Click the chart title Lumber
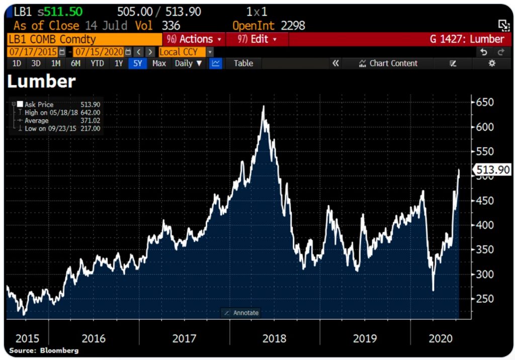41,81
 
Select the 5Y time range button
137,63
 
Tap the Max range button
159,63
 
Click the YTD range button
97,63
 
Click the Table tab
243,63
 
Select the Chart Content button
388,63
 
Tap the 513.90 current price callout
493,170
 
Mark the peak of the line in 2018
263,106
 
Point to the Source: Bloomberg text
44,350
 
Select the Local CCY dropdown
182,52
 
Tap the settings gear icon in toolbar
492,63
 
